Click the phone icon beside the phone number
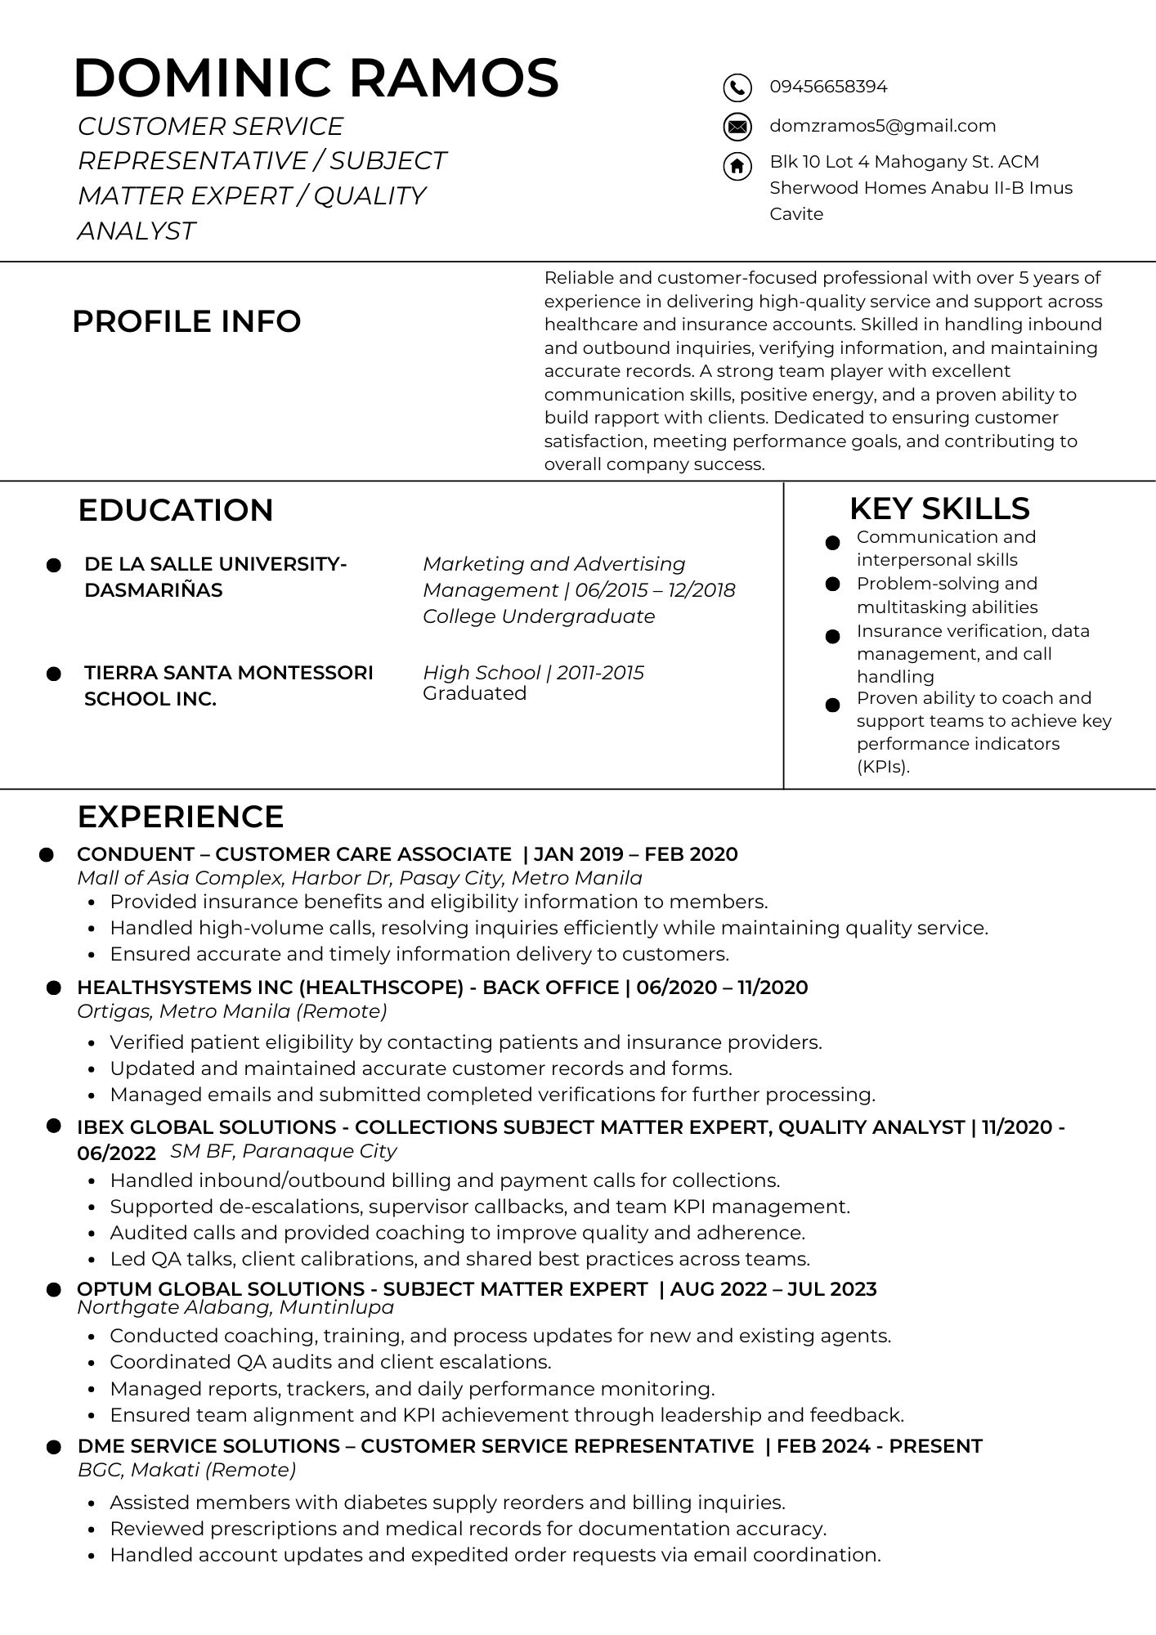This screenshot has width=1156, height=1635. coord(737,87)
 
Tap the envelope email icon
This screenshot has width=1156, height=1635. coord(737,127)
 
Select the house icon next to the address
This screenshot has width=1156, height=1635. coord(737,166)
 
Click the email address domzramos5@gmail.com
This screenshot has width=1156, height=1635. coord(882,126)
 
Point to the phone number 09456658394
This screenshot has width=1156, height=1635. coord(828,87)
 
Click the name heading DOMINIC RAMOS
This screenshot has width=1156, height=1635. coord(316,78)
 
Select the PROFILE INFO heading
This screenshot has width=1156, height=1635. coord(186,321)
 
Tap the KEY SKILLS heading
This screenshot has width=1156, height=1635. coord(939,508)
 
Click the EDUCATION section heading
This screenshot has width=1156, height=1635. coord(175,510)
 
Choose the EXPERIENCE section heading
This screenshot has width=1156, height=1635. coord(180,817)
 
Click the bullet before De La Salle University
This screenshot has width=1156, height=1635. coord(54,565)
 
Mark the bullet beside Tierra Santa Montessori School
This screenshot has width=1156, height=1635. coord(54,674)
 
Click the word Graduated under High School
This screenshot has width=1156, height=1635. coord(474,693)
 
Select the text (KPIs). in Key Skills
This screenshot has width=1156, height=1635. coord(883,767)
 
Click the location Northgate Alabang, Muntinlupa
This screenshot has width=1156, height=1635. coord(235,1307)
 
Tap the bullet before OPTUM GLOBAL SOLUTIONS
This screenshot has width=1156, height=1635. coord(54,1290)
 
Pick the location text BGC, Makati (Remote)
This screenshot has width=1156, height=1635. coord(186,1470)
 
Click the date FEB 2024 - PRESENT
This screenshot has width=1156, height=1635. coord(879,1446)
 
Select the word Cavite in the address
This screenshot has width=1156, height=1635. coord(796,214)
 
